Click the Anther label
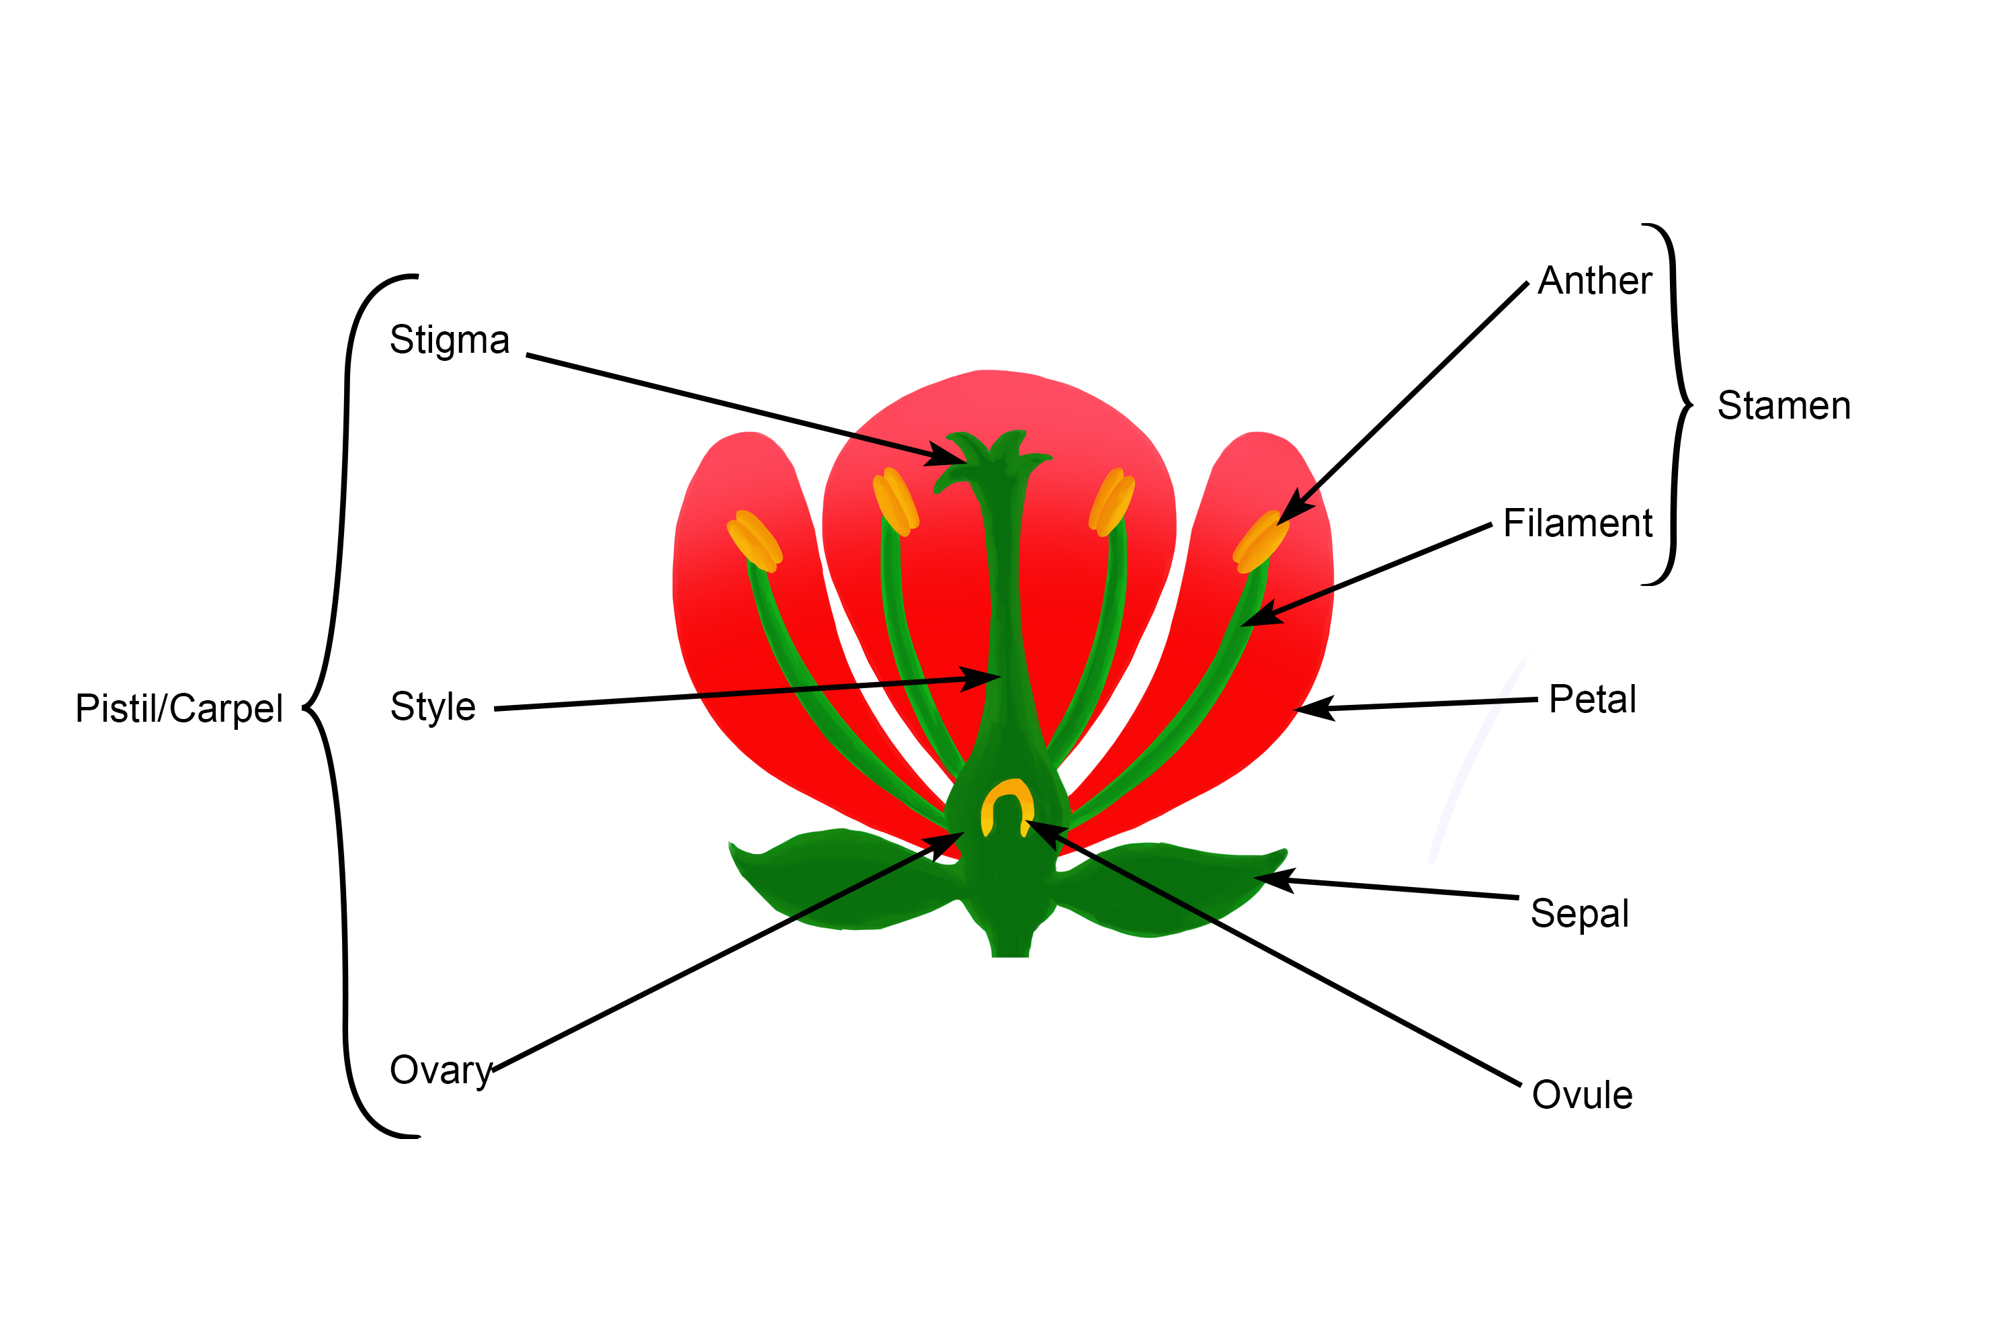(x=1594, y=281)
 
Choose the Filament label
(x=1577, y=523)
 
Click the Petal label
(x=1593, y=700)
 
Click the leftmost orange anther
(x=754, y=540)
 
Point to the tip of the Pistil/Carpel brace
(x=304, y=708)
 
